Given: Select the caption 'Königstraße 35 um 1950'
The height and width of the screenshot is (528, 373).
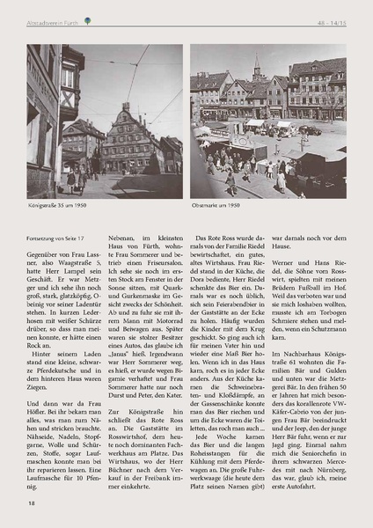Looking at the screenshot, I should point(56,206).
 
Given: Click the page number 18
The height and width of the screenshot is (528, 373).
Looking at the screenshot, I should point(31,502).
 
